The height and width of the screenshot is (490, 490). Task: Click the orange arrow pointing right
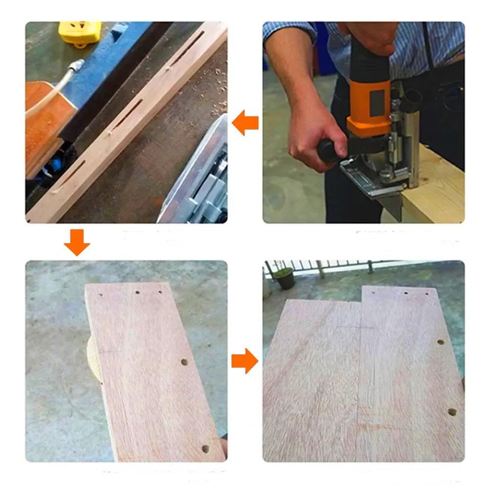(244, 361)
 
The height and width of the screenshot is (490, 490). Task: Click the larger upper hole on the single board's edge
(184, 363)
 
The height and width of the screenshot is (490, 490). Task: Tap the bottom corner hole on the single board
(205, 448)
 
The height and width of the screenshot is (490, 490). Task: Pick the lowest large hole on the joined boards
(451, 412)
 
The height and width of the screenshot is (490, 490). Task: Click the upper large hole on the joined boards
(440, 342)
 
